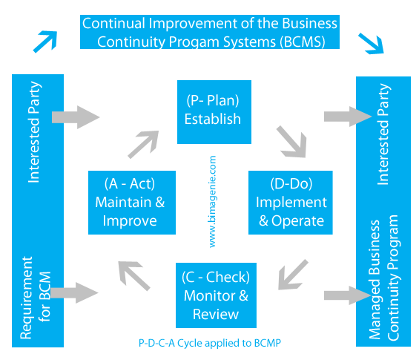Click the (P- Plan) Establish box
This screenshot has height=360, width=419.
pos(214,112)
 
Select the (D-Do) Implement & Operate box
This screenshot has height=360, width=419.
pos(291,203)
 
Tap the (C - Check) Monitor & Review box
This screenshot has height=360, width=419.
pos(216,295)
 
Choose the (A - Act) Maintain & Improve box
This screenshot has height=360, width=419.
pos(132,203)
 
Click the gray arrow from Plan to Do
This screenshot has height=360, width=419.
pos(292,142)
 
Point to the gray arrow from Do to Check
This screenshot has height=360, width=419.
pos(293,275)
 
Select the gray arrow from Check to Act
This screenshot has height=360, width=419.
pos(134,275)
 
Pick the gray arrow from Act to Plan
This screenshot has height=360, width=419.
pos(143,145)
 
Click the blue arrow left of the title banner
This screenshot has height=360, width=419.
pos(45,42)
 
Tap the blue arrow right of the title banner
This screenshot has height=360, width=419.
pos(372,43)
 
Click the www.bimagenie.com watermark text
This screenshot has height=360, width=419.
pos(212,201)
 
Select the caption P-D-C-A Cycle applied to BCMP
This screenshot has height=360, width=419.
pos(210,343)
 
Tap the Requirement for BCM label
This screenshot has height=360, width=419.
pos(36,298)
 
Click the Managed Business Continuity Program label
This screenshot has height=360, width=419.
pos(383,277)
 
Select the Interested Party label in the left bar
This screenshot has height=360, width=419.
pos(34,132)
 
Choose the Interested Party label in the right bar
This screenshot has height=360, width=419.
pos(383,134)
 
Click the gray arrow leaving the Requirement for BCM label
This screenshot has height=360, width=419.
pos(75,292)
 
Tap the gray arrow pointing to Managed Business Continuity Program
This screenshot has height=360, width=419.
pos(348,295)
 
